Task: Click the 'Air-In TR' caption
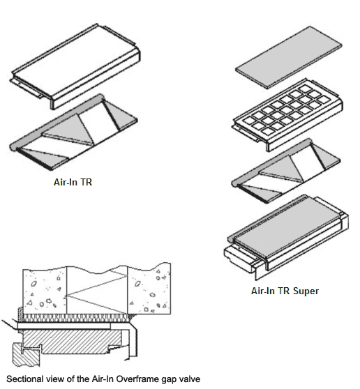coord(73,182)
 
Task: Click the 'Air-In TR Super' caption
coord(285,291)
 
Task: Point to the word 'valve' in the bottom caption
coord(190,379)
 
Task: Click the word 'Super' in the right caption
coord(306,291)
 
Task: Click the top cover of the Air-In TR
coord(76,66)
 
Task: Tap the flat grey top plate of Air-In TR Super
coord(289,57)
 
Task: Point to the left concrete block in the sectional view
coord(45,291)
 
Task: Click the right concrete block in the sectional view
coord(149,289)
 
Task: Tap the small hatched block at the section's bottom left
coord(25,355)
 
